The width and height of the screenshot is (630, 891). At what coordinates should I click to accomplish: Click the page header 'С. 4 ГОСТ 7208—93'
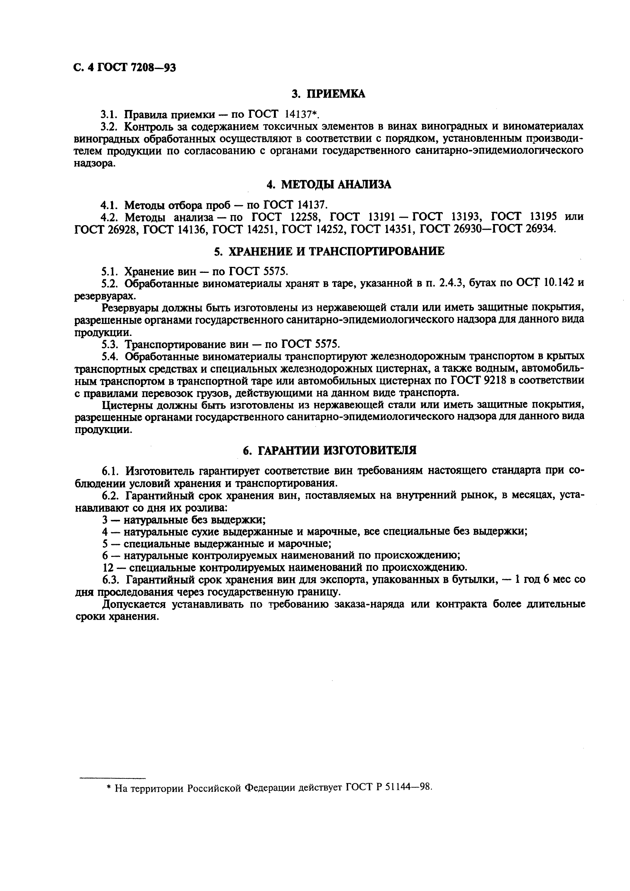point(125,68)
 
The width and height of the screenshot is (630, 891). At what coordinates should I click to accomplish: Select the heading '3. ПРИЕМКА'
point(328,94)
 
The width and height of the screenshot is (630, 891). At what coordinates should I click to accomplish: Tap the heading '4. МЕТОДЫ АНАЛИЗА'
point(329,185)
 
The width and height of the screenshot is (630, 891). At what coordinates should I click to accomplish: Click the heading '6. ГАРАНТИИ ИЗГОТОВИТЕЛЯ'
point(329,450)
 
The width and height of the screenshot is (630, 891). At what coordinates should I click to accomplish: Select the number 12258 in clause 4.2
point(305,217)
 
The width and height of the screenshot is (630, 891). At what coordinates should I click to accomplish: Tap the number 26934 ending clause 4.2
point(541,229)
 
